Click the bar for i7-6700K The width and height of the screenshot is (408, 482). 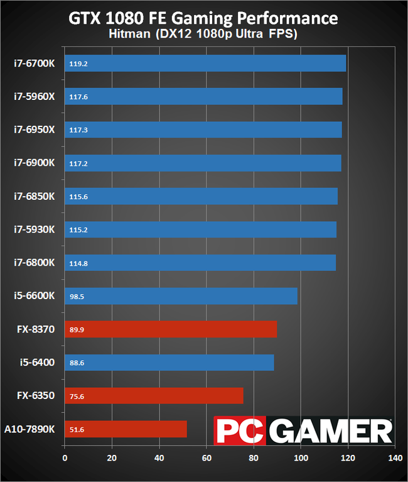coord(205,63)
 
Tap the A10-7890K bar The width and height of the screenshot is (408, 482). coord(126,429)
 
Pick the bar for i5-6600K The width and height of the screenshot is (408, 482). coord(181,296)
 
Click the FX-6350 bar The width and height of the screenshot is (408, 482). coord(154,395)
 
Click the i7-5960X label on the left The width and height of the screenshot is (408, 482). coord(35,97)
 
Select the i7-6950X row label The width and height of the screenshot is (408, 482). coord(35,129)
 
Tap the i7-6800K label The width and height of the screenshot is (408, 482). coord(35,263)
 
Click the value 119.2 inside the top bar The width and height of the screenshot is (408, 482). coord(78,63)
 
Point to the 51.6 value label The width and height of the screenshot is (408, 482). coord(77,429)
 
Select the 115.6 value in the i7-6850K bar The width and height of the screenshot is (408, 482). coord(78,196)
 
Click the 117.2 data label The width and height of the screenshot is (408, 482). coord(78,163)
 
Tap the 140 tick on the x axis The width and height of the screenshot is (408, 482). coord(395,458)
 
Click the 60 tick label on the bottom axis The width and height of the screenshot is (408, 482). coord(206,458)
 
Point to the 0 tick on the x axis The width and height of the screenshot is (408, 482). coord(65,458)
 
